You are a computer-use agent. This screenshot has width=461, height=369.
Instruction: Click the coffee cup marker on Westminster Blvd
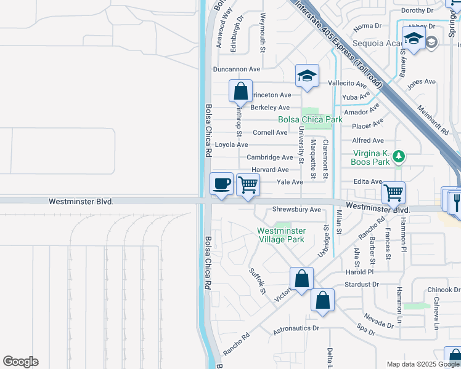pos(222,183)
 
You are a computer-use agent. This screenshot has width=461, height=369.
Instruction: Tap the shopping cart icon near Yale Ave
pos(248,184)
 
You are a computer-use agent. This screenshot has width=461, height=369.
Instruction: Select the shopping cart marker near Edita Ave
pos(393,192)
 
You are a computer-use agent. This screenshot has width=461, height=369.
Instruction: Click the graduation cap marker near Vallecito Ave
pos(307,76)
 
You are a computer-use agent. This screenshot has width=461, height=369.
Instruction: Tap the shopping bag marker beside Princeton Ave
pos(240,91)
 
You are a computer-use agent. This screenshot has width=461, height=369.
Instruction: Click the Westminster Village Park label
pos(280,235)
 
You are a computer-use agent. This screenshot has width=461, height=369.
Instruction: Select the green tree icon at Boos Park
pos(399,156)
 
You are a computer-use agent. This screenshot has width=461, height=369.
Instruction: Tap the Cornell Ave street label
pos(270,132)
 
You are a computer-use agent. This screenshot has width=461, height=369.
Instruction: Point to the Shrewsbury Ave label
pos(296,210)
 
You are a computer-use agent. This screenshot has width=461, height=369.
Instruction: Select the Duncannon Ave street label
pos(237,69)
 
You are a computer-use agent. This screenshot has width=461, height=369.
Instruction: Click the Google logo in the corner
pos(20,362)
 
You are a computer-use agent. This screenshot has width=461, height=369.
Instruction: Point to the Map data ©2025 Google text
pos(422,364)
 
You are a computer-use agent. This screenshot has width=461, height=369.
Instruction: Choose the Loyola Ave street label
pos(231,145)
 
